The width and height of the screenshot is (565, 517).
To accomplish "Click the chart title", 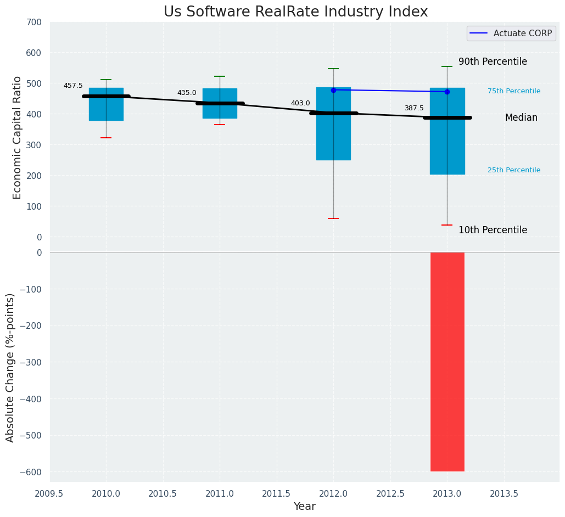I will pos(295,12).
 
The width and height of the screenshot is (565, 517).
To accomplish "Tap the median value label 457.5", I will pos(73,86).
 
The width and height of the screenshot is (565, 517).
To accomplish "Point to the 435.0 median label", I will pos(187,93).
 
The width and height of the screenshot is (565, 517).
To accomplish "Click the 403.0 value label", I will pos(300,103).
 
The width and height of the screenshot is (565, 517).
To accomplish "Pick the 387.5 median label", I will pos(414,108).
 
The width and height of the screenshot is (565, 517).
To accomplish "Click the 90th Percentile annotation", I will pos(493,62).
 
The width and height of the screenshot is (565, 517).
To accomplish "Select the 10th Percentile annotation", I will pos(493,231).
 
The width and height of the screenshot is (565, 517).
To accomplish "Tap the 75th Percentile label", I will pos(513,91).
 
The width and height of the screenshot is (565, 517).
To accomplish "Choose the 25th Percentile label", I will pos(513,170).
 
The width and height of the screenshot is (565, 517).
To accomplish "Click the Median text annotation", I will pos(521,118).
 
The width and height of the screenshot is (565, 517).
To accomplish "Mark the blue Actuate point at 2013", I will pos(447,92).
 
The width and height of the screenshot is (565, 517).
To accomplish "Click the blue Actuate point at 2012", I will pos(333,90).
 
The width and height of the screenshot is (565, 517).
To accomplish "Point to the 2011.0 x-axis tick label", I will pos(220,493).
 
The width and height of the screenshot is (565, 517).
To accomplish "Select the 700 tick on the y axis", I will pos(33,23).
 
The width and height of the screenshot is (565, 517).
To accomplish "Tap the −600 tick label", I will pos(31,472).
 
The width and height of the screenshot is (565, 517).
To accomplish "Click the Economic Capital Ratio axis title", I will pos(17,137).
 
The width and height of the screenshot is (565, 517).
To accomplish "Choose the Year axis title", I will pos(304,507).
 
